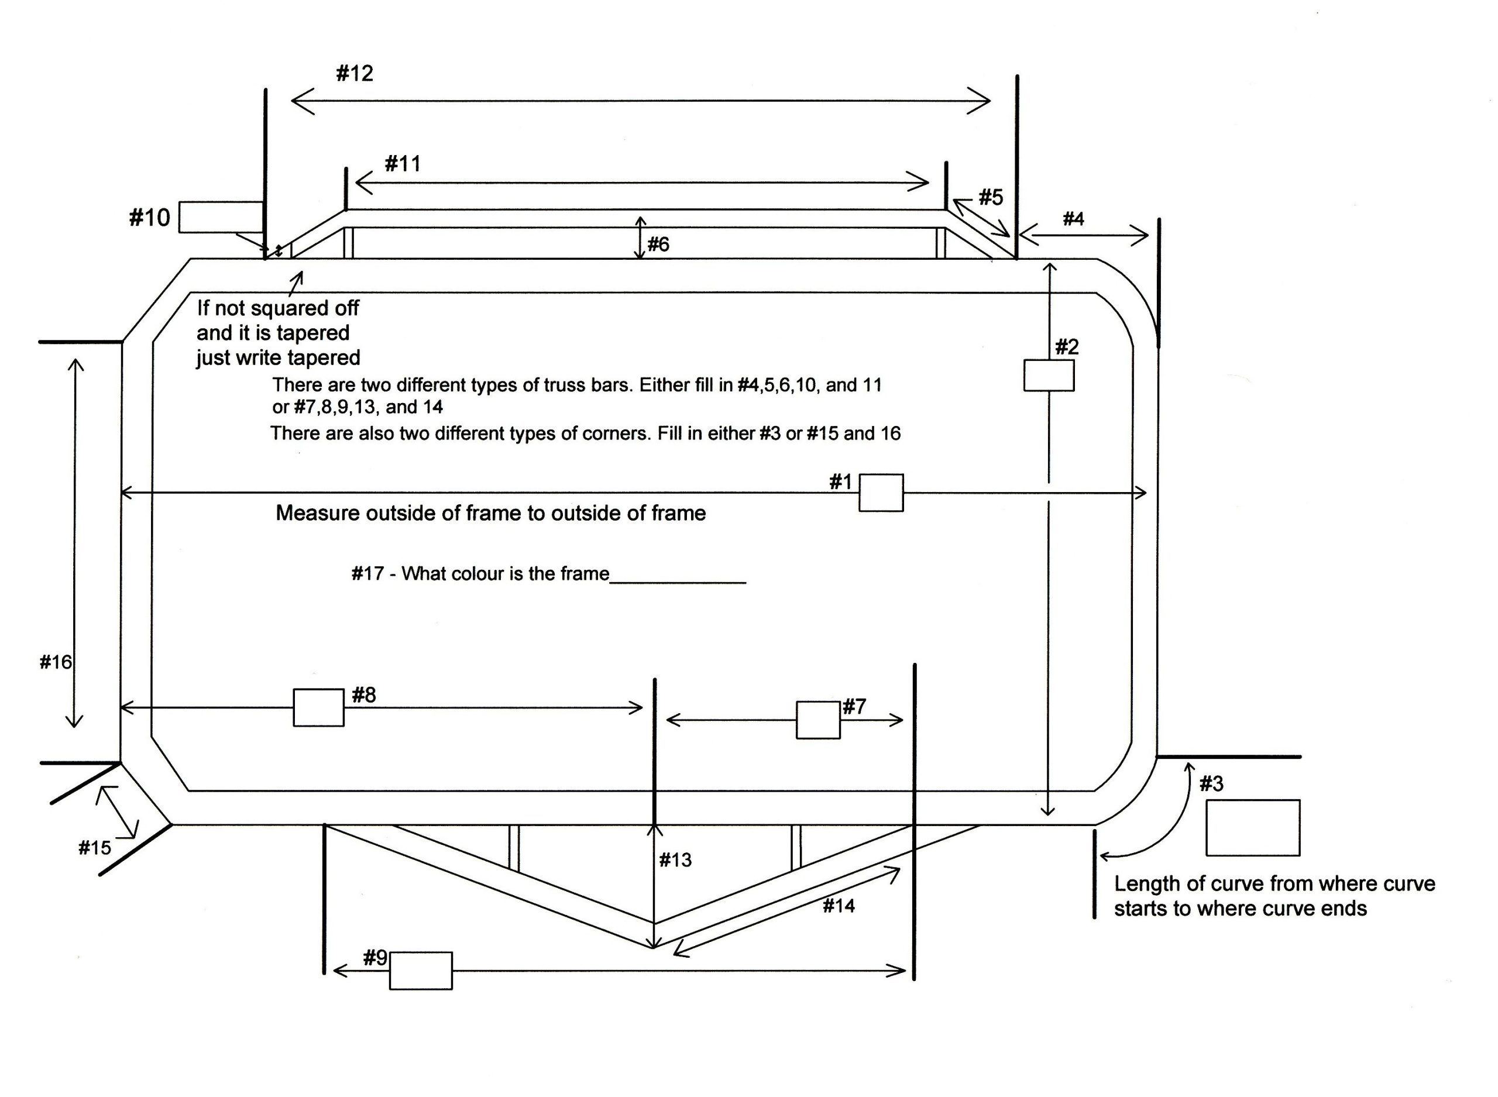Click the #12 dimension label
(x=355, y=73)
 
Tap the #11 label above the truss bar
(x=403, y=163)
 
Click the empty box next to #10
(x=222, y=217)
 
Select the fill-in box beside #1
(x=881, y=493)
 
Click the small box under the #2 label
(x=1049, y=375)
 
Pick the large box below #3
(x=1252, y=827)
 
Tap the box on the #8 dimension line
(x=319, y=707)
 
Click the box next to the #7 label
(x=818, y=720)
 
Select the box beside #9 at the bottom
(x=420, y=971)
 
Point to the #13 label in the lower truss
(x=675, y=860)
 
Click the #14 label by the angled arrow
(x=839, y=906)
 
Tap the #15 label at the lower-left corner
(x=95, y=848)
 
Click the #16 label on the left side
(x=56, y=662)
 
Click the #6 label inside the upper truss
(x=658, y=245)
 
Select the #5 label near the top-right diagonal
(x=991, y=197)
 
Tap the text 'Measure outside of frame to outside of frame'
(x=491, y=513)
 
